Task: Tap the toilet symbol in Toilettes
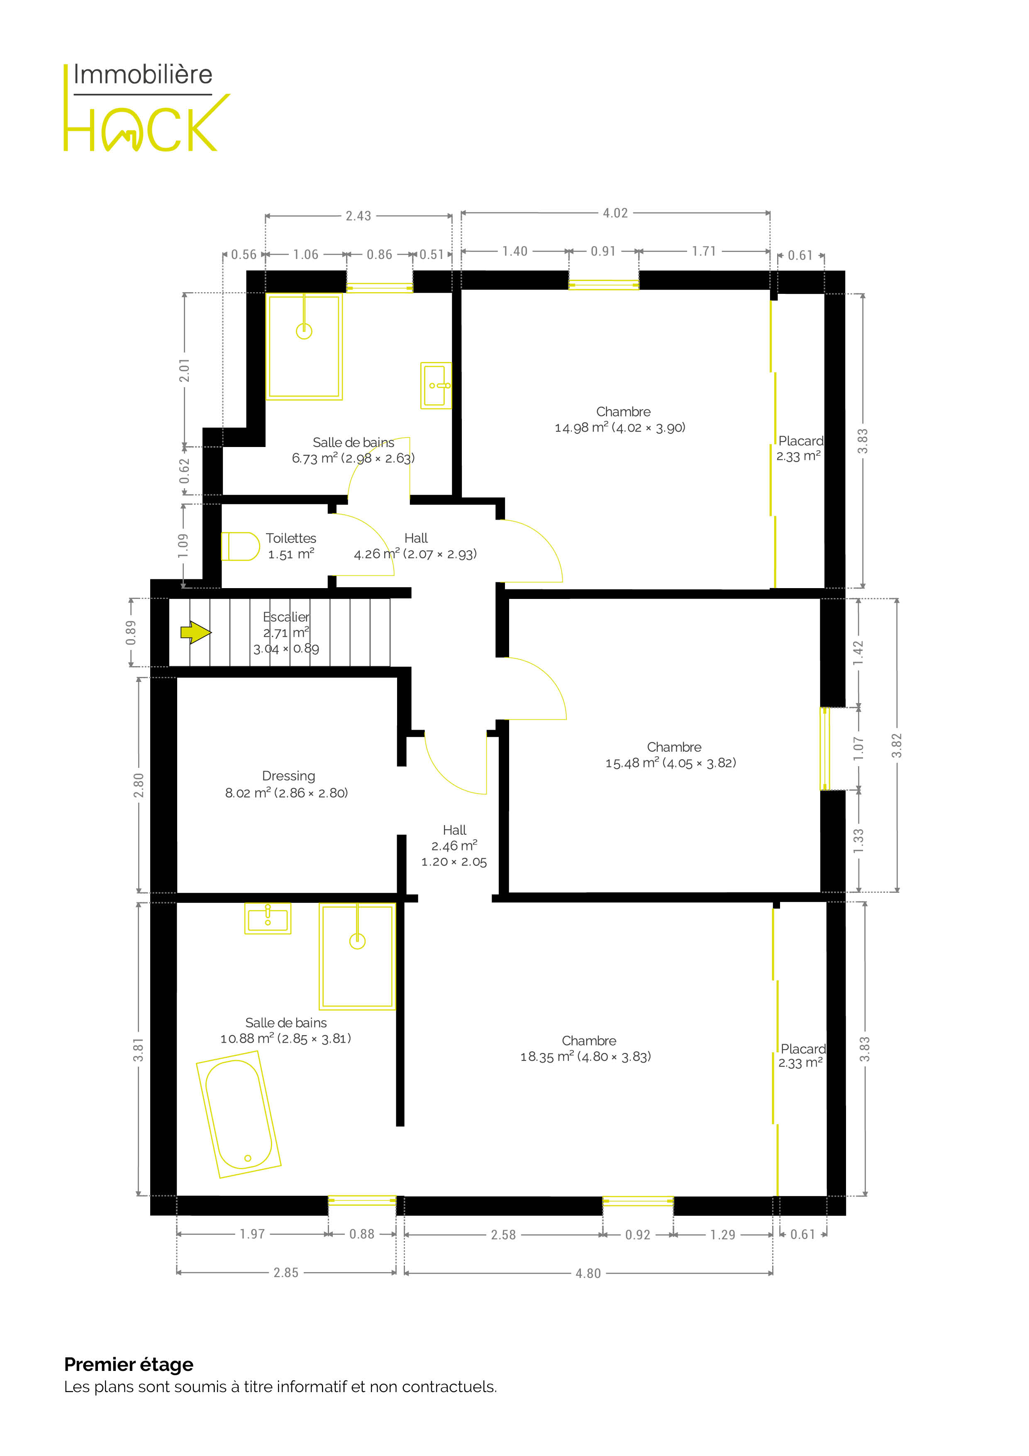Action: click(x=240, y=546)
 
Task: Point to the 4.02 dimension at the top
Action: click(x=615, y=213)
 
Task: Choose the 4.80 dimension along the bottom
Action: click(x=588, y=1273)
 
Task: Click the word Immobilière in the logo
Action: click(x=143, y=75)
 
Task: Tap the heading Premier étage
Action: click(x=129, y=1365)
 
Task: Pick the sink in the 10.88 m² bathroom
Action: click(x=268, y=918)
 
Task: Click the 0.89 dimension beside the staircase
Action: click(x=131, y=632)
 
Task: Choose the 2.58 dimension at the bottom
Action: click(x=503, y=1235)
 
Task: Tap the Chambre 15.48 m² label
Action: click(x=671, y=755)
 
